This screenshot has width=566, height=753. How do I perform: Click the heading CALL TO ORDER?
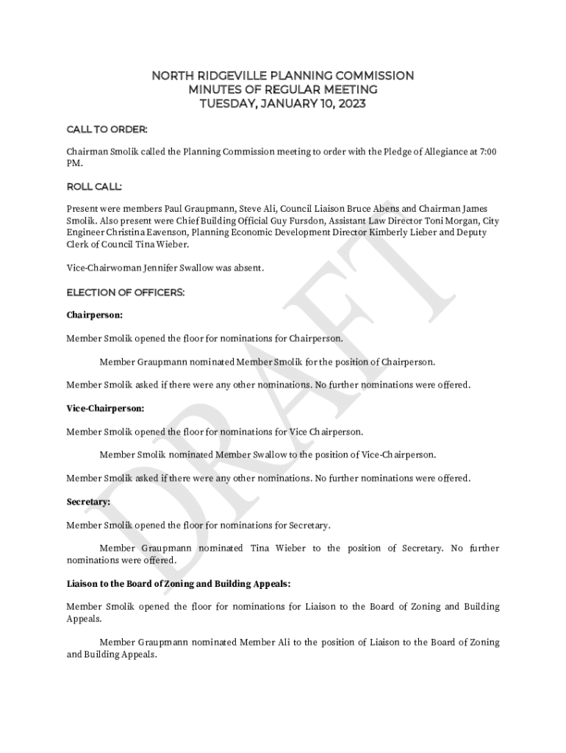coord(107,129)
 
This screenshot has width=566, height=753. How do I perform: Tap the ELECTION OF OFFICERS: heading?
coord(125,292)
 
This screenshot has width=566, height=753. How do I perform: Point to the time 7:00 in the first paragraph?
coord(487,151)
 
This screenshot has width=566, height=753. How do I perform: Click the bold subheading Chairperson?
coord(94,315)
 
